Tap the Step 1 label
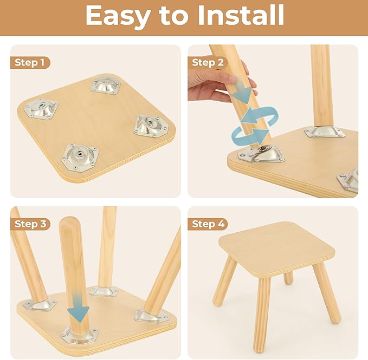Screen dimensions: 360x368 click(30, 63)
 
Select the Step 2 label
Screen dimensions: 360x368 click(208, 63)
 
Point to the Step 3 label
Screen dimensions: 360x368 click(30, 224)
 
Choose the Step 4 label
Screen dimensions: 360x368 click(208, 224)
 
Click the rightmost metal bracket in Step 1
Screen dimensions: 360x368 click(151, 126)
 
